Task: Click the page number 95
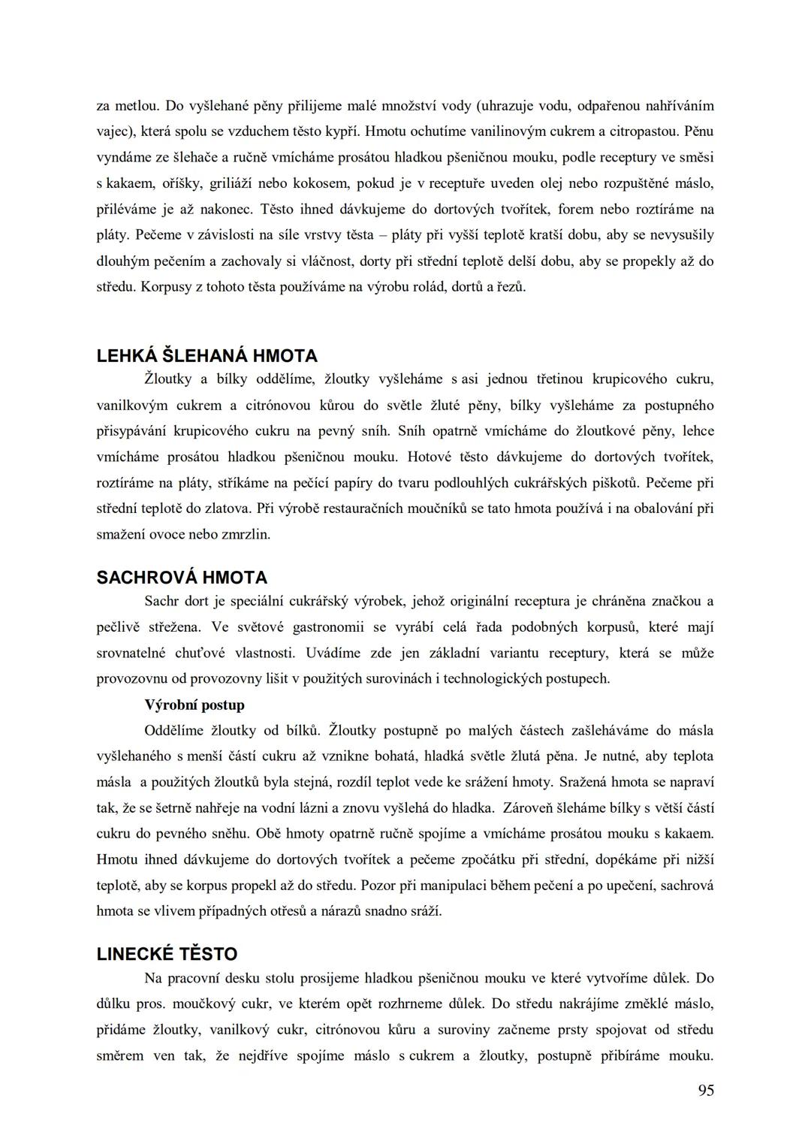[705, 1091]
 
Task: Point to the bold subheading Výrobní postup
[194, 705]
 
